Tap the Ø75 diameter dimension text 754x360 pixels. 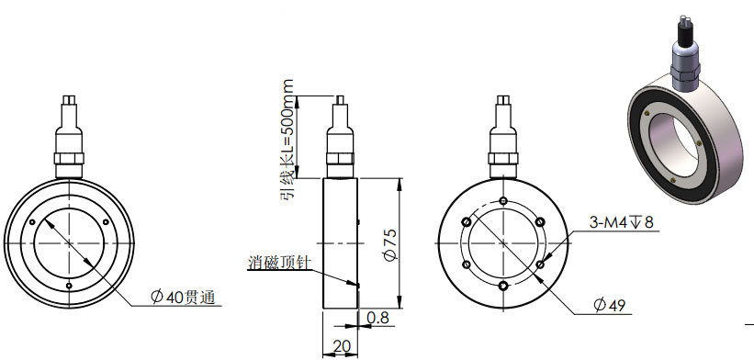click(x=392, y=244)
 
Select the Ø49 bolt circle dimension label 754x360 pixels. click(x=609, y=305)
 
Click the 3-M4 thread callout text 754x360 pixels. click(x=621, y=222)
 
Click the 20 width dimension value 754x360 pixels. click(x=341, y=346)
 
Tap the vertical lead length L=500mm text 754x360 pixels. click(x=287, y=140)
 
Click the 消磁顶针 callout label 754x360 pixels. click(x=279, y=263)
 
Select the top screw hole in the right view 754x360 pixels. click(x=503, y=200)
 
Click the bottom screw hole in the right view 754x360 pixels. click(x=503, y=287)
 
